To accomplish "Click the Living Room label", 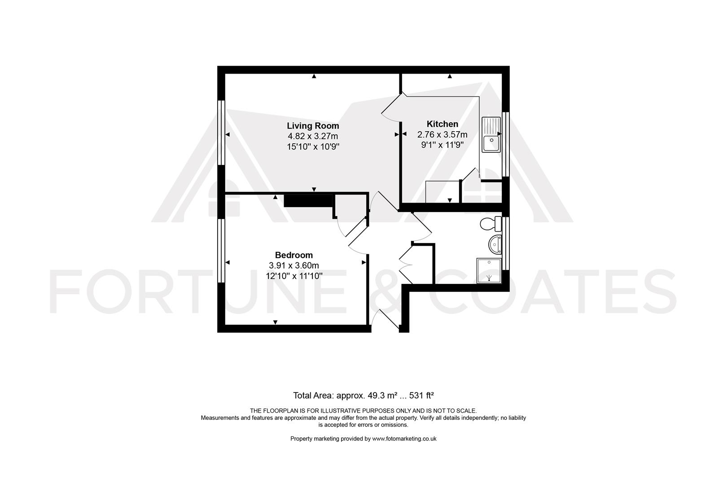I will click(x=313, y=126).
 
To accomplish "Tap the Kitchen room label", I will click(x=442, y=124).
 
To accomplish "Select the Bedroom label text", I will click(x=294, y=255).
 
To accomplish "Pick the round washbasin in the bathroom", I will click(x=495, y=244).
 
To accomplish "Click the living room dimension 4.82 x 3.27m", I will click(x=313, y=136).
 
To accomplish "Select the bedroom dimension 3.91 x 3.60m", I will click(x=294, y=265).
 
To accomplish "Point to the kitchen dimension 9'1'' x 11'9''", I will click(x=442, y=145).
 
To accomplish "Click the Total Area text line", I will click(x=363, y=396).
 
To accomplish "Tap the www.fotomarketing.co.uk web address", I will click(x=404, y=439).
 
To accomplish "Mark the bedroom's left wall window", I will click(x=221, y=251).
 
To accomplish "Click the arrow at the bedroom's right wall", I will click(x=364, y=262).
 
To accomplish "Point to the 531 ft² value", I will click(x=421, y=396).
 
